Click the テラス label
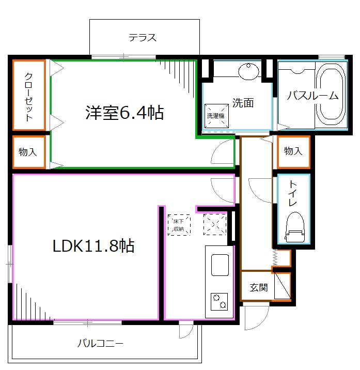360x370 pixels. point(143,38)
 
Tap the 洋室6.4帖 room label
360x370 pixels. point(124,113)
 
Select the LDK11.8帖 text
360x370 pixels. point(93,246)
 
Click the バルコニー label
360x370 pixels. point(101,343)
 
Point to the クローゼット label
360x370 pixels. point(29,96)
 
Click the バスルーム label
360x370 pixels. point(312,95)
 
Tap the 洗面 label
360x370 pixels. point(242,103)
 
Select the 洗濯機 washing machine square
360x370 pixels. point(215,116)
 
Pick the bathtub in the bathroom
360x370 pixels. point(331,95)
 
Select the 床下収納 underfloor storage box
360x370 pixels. point(179,225)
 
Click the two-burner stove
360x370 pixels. point(219,301)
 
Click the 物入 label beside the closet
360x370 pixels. point(28,152)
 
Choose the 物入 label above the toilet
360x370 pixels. point(293,151)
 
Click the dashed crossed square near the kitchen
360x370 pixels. point(214,224)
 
